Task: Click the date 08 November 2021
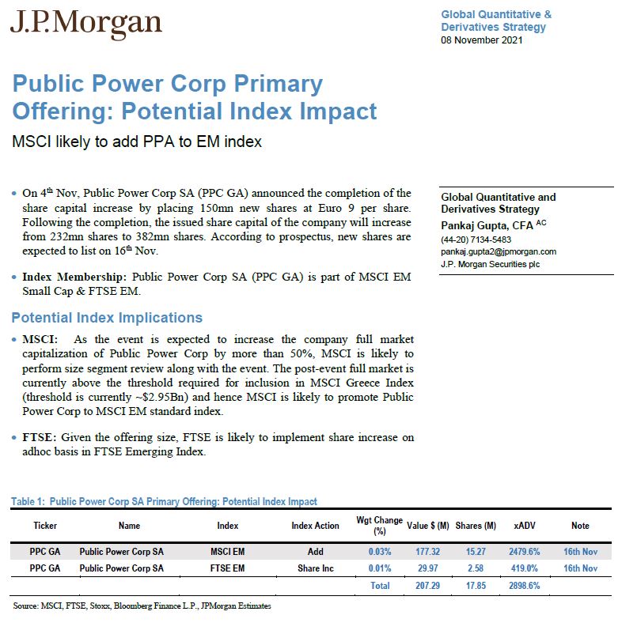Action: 481,40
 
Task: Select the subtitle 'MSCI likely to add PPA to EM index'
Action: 136,142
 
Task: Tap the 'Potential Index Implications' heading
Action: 107,318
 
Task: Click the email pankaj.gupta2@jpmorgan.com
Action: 499,251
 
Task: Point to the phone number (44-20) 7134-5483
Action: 476,240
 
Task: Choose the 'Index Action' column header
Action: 315,526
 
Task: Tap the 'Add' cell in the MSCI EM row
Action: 315,552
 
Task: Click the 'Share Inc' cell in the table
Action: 315,568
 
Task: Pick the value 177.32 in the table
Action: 427,552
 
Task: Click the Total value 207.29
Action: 427,586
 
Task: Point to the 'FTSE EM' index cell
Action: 227,568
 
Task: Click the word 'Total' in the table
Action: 380,586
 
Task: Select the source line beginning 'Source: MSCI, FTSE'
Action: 142,606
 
